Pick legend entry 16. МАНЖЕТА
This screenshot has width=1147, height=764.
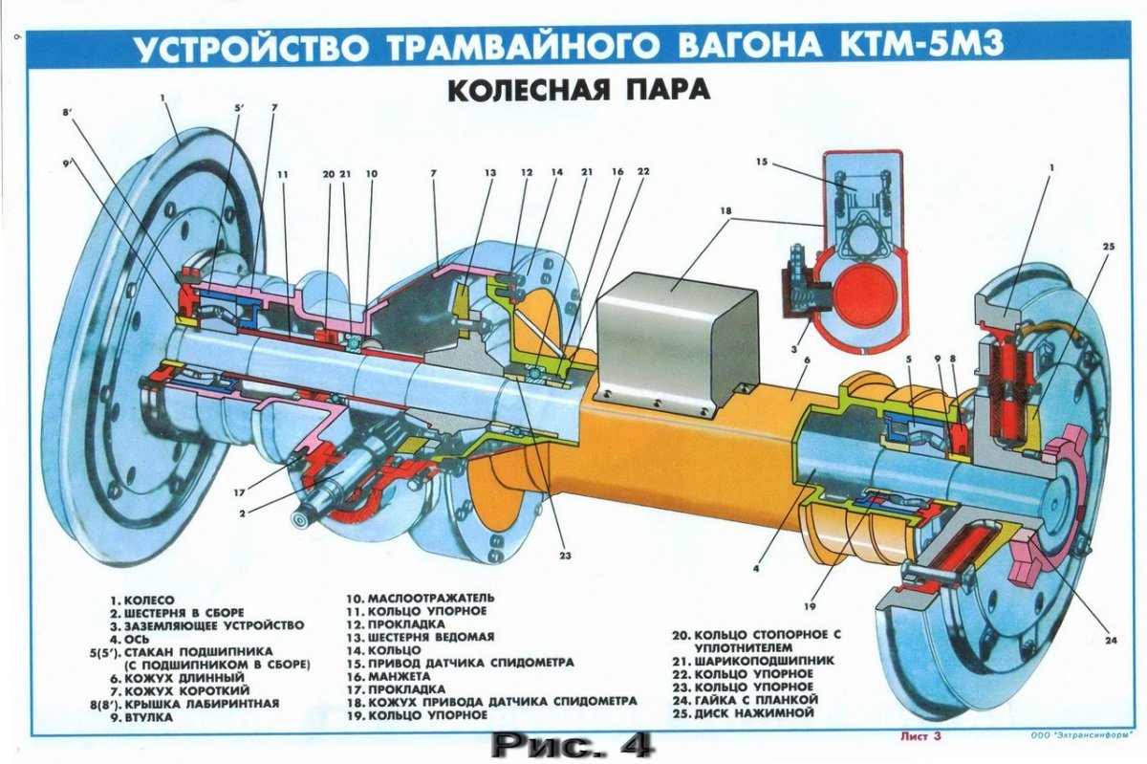[393, 674]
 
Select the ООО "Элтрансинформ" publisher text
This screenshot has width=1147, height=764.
[1071, 736]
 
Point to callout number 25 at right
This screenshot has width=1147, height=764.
[1108, 248]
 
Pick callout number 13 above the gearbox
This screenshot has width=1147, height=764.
[490, 173]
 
